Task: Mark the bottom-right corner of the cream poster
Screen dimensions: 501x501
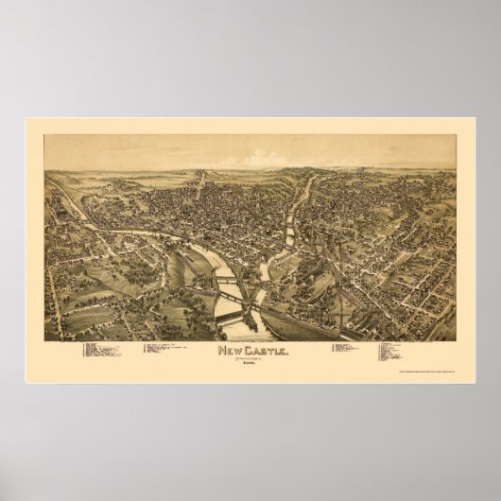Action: tap(475, 382)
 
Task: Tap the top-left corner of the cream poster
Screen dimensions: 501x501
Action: tap(26, 119)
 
